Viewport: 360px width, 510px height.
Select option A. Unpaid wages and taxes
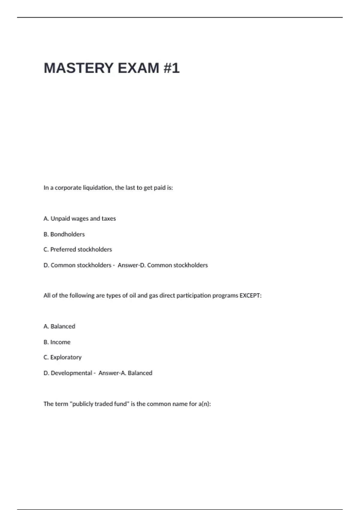pos(79,219)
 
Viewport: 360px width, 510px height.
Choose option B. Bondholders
pos(64,234)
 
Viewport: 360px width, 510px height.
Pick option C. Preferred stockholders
pos(78,250)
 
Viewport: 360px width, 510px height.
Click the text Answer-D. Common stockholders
pos(163,265)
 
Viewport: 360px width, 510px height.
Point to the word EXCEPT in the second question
pos(250,295)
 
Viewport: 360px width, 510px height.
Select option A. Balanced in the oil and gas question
pos(59,326)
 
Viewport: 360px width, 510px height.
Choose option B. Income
pos(57,342)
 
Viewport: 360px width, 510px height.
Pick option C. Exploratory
pos(62,357)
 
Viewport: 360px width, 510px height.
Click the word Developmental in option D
pos(71,373)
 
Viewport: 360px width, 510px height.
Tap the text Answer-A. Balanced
pos(125,373)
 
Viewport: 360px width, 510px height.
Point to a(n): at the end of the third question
pos(205,404)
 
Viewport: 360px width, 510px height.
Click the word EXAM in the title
pos(138,68)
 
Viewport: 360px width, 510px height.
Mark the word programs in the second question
pos(225,295)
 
